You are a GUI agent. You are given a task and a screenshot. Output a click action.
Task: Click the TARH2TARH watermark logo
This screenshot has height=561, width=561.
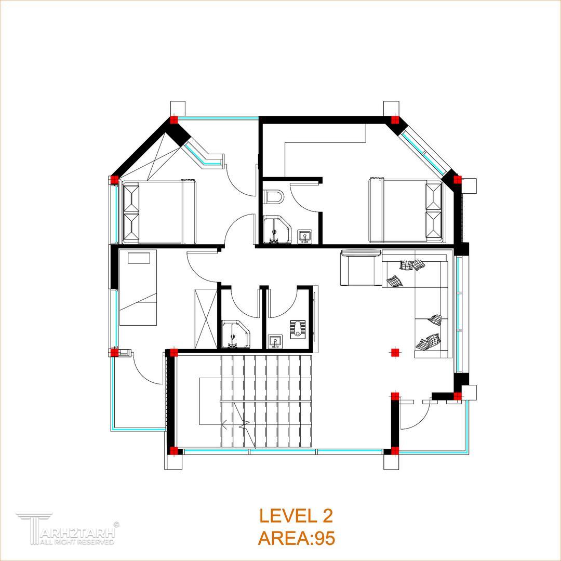click(66, 529)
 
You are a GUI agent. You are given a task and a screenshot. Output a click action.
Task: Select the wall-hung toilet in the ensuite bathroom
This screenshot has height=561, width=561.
click(275, 196)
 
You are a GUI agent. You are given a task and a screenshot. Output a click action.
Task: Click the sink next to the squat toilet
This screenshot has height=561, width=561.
click(275, 341)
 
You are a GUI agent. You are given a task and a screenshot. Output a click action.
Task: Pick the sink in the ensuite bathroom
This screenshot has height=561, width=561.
click(305, 236)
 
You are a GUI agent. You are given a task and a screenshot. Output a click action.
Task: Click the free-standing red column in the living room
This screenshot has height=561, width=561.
click(395, 353)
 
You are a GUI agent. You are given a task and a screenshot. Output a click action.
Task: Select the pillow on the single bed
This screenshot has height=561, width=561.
click(139, 258)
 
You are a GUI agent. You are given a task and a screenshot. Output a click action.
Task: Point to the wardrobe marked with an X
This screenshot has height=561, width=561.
click(206, 318)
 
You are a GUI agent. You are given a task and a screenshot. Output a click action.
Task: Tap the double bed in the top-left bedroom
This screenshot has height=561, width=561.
click(159, 212)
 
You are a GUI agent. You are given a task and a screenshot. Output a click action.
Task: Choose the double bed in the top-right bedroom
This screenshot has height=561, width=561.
click(405, 210)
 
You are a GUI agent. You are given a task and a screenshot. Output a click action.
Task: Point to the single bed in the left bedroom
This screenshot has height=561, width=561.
click(138, 288)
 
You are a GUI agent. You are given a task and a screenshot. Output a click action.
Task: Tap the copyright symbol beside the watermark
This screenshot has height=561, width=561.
click(117, 525)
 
